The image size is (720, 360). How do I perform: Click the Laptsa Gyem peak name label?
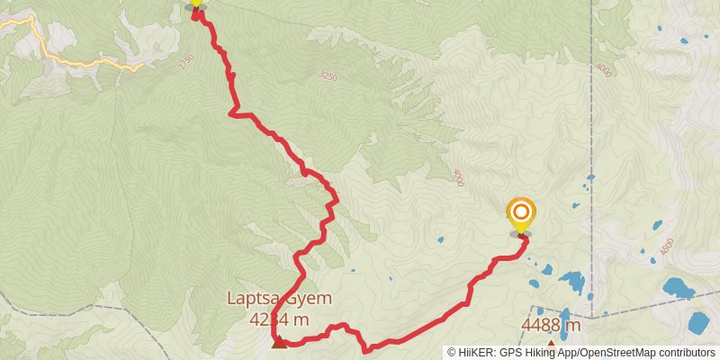280,299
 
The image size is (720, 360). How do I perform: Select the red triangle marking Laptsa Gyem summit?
279,342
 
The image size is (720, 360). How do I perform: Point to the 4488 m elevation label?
550,325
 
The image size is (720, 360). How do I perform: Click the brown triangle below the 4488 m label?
551,344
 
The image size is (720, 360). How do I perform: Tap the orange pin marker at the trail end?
520,213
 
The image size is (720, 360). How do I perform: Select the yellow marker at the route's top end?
195,3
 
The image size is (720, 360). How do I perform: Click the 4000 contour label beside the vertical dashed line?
603,68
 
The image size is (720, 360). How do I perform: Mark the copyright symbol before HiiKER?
452,353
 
